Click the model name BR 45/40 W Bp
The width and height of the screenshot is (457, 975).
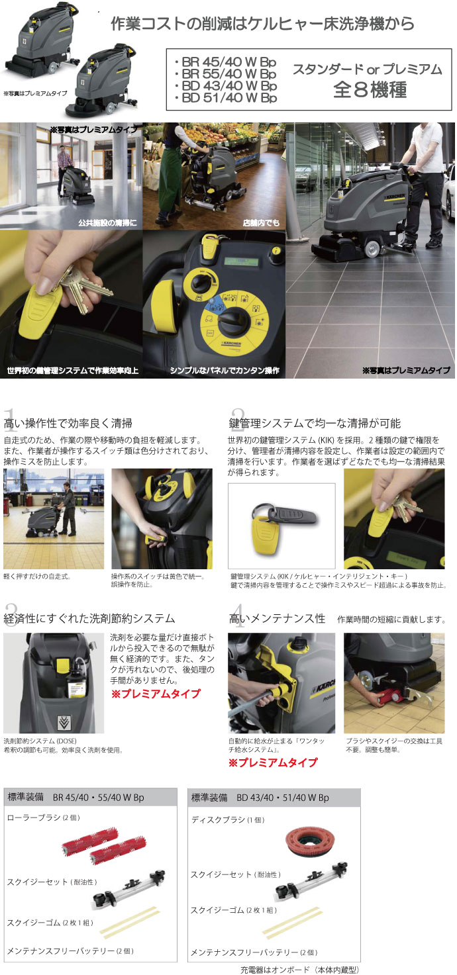pyautogui.click(x=228, y=62)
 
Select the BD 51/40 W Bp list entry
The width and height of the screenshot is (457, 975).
pyautogui.click(x=228, y=98)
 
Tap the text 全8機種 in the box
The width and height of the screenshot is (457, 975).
pyautogui.click(x=370, y=89)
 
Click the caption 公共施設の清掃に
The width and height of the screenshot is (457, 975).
pyautogui.click(x=107, y=223)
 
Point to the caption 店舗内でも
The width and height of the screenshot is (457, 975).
pyautogui.click(x=261, y=223)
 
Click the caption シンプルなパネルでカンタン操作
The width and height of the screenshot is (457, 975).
pyautogui.click(x=225, y=371)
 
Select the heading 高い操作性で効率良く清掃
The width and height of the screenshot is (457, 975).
pyautogui.click(x=68, y=423)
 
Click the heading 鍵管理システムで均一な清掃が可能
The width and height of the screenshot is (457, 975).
pyautogui.click(x=315, y=423)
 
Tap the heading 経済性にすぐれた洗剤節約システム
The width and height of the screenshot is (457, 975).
pyautogui.click(x=89, y=618)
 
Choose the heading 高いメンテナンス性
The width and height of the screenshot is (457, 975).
pyautogui.click(x=277, y=618)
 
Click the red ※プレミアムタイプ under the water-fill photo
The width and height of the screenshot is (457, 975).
pyautogui.click(x=273, y=762)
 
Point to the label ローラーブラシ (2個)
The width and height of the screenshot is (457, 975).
pyautogui.click(x=44, y=817)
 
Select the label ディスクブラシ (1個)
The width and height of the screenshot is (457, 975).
pyautogui.click(x=228, y=819)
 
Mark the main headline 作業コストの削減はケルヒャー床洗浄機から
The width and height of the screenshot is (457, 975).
pyautogui.click(x=262, y=24)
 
